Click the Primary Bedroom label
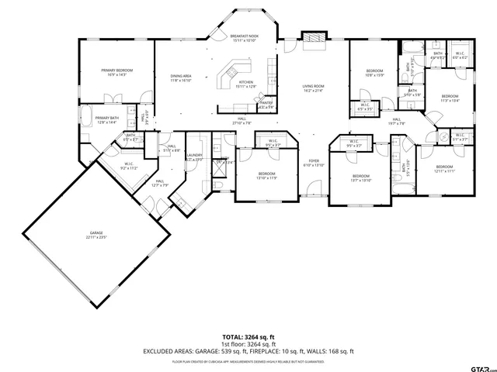117,73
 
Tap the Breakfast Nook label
245,38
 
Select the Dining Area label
181,77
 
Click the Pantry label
266,105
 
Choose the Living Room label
313,88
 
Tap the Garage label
96,234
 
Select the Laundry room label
194,157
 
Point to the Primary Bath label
106,120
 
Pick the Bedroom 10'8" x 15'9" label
375,73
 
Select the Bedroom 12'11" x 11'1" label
444,169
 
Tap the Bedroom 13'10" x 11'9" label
266,175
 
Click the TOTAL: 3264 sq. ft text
248,337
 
